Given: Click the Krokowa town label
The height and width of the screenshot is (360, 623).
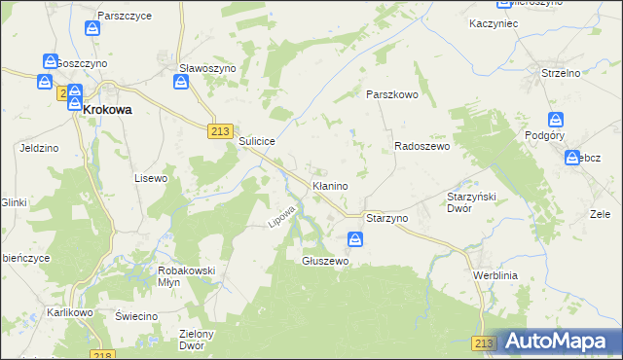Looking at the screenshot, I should click(x=107, y=110).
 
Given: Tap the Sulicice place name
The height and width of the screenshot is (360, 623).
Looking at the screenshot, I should click(x=257, y=141).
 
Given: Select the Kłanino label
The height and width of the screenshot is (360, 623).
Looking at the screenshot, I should click(x=329, y=185).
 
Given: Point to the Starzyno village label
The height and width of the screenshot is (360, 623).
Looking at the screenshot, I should click(x=386, y=219).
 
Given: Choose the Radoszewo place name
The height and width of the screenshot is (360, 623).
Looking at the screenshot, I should click(x=421, y=146).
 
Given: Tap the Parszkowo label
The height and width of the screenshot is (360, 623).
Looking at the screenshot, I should click(x=391, y=94).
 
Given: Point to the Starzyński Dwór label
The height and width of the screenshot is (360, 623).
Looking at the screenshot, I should click(x=473, y=201).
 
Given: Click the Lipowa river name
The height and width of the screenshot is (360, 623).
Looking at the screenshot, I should click(x=281, y=217).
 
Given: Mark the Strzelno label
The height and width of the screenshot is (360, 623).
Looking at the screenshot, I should click(x=560, y=73).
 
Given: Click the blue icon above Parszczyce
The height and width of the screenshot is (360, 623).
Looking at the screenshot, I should click(x=92, y=28).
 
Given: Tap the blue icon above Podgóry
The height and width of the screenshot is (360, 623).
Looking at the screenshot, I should click(x=556, y=120).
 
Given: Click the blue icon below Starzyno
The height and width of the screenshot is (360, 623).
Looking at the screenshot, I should click(x=355, y=238).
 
